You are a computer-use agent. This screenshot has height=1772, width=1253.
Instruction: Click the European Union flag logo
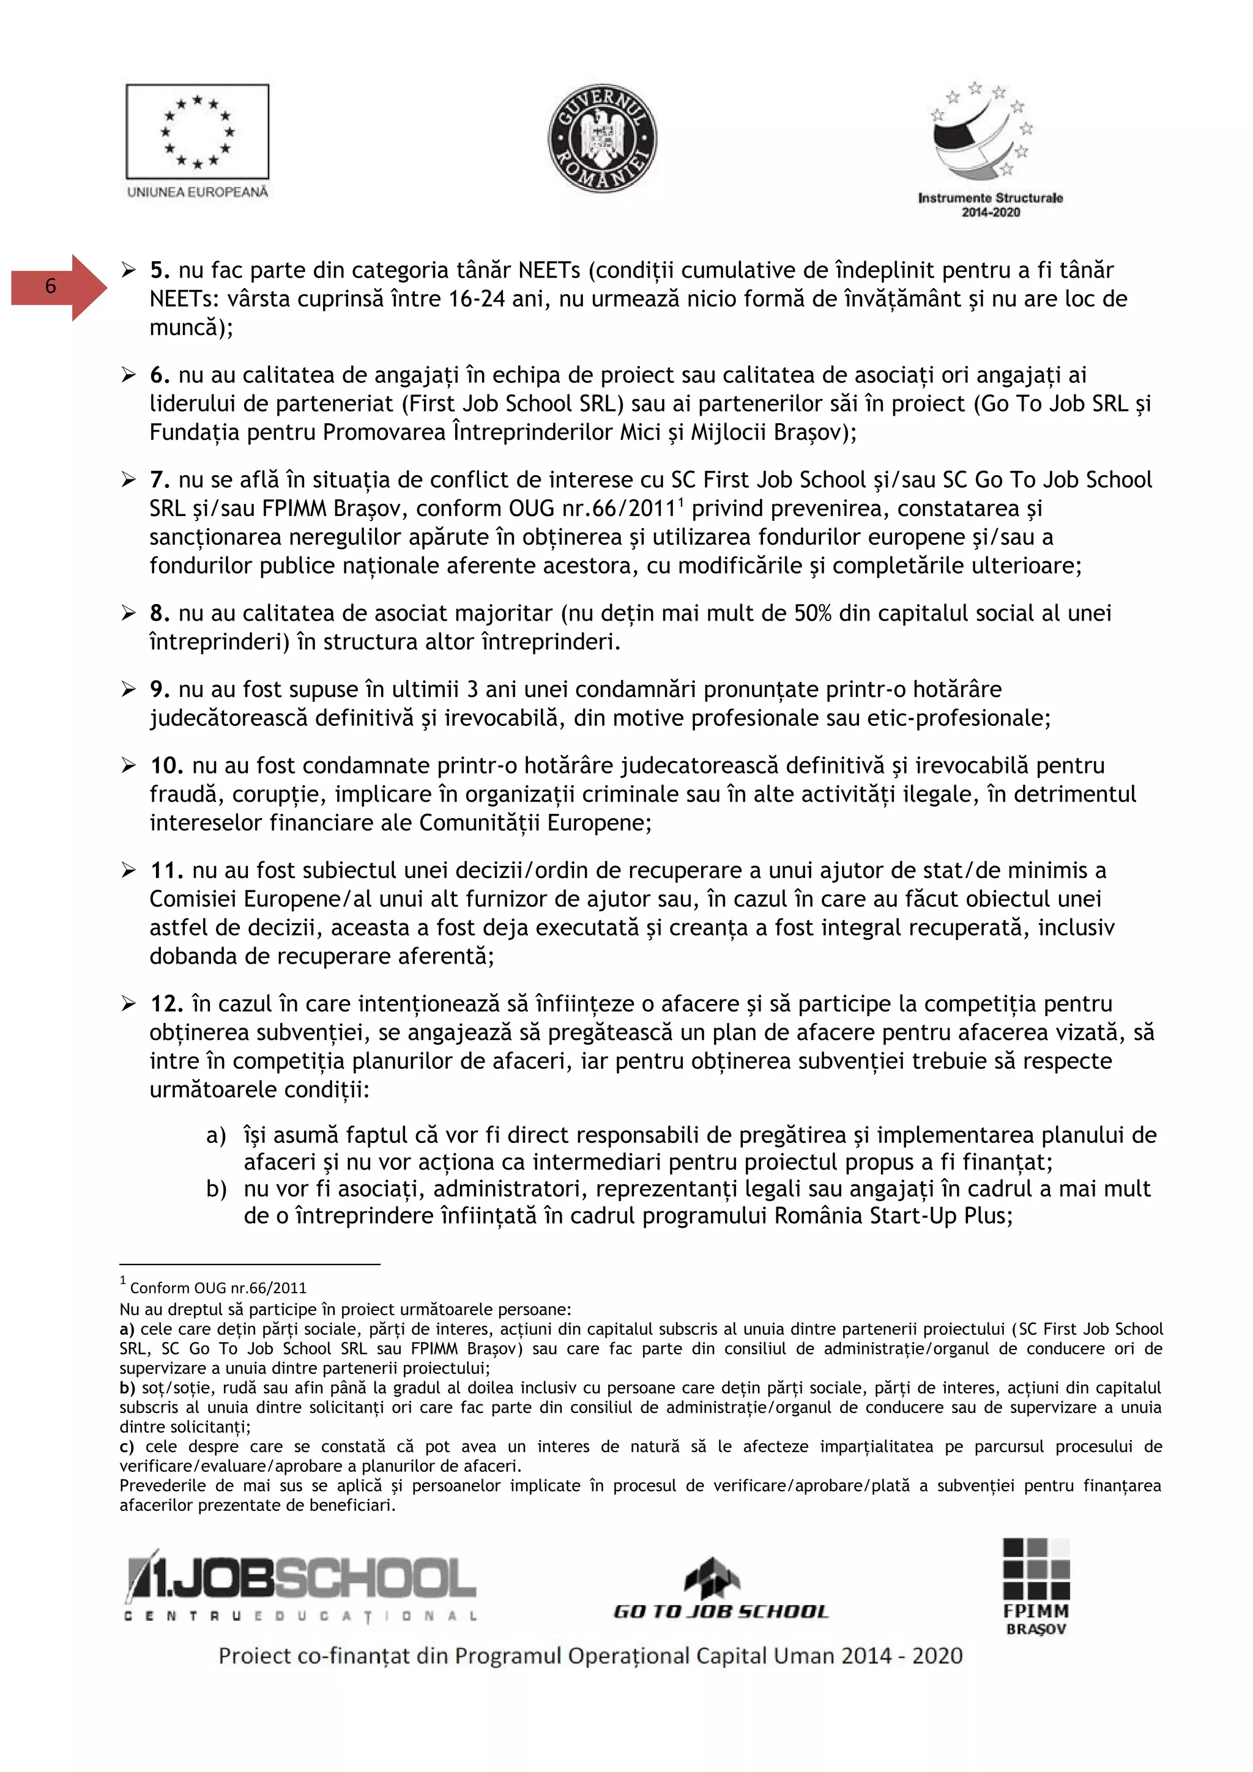(198, 133)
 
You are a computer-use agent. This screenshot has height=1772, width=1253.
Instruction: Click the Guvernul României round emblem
(602, 139)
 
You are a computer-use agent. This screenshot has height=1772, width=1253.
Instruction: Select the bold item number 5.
(160, 270)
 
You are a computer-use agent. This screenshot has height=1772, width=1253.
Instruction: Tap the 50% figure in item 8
(814, 613)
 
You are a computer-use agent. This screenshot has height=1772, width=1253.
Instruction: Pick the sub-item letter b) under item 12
(216, 1189)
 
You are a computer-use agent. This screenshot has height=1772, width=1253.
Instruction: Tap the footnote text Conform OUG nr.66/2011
(218, 1287)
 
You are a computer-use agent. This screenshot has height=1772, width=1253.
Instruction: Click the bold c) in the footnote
(127, 1446)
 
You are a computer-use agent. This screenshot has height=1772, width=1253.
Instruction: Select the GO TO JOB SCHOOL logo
(719, 1590)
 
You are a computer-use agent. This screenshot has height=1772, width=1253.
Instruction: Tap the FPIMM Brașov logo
(1035, 1586)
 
